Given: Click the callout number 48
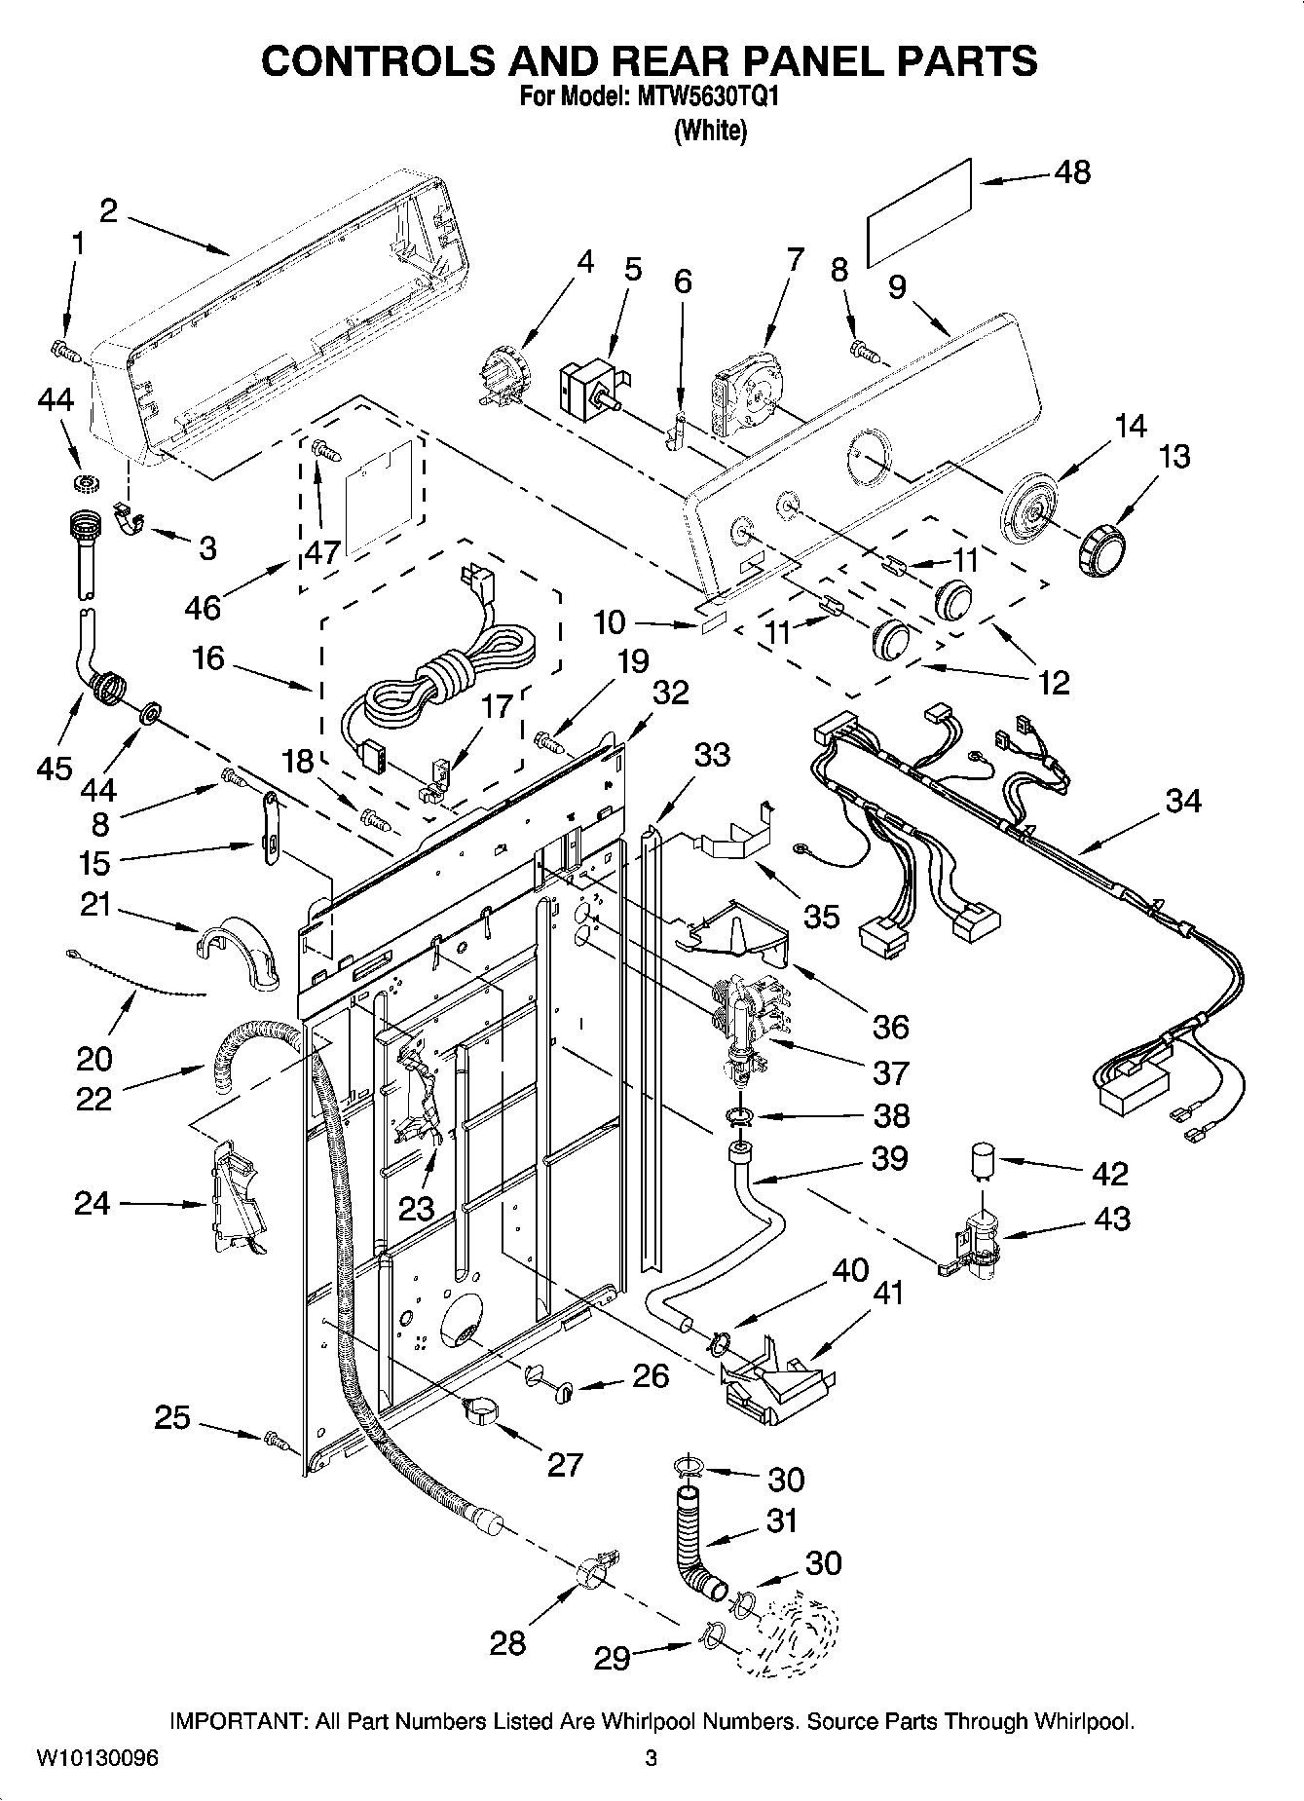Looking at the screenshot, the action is [x=1072, y=172].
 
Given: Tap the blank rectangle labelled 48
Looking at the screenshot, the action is [x=920, y=210].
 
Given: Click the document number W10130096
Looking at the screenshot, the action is [x=97, y=1758].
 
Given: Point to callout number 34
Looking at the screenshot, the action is [x=1183, y=802].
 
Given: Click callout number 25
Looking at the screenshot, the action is [x=172, y=1417].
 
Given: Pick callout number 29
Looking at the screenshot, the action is [x=613, y=1659].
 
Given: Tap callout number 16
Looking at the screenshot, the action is [x=208, y=658].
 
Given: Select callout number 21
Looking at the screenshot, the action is [x=95, y=907].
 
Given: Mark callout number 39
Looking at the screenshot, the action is [x=889, y=1158].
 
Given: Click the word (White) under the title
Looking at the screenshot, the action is [x=711, y=131].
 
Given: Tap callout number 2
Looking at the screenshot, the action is [x=108, y=210].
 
